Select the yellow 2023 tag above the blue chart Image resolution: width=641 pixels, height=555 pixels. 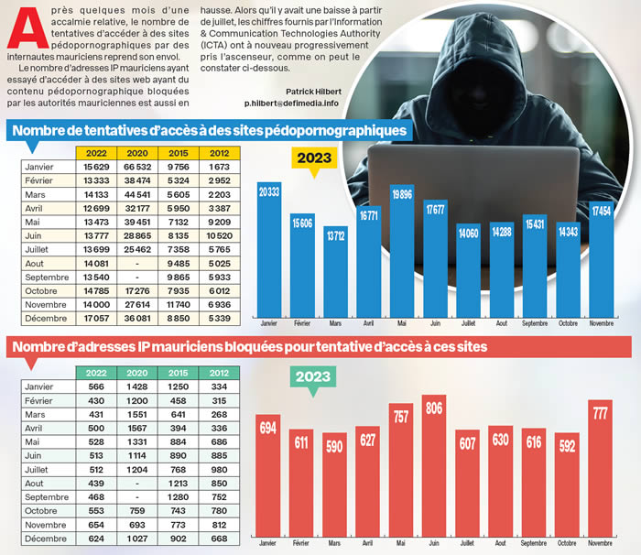tap(314, 157)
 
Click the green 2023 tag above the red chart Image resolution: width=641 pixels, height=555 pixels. tap(313, 376)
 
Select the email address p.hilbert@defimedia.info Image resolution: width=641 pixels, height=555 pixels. tap(291, 103)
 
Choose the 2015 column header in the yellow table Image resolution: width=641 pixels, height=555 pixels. tap(179, 153)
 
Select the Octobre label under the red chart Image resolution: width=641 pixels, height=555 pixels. tap(568, 543)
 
